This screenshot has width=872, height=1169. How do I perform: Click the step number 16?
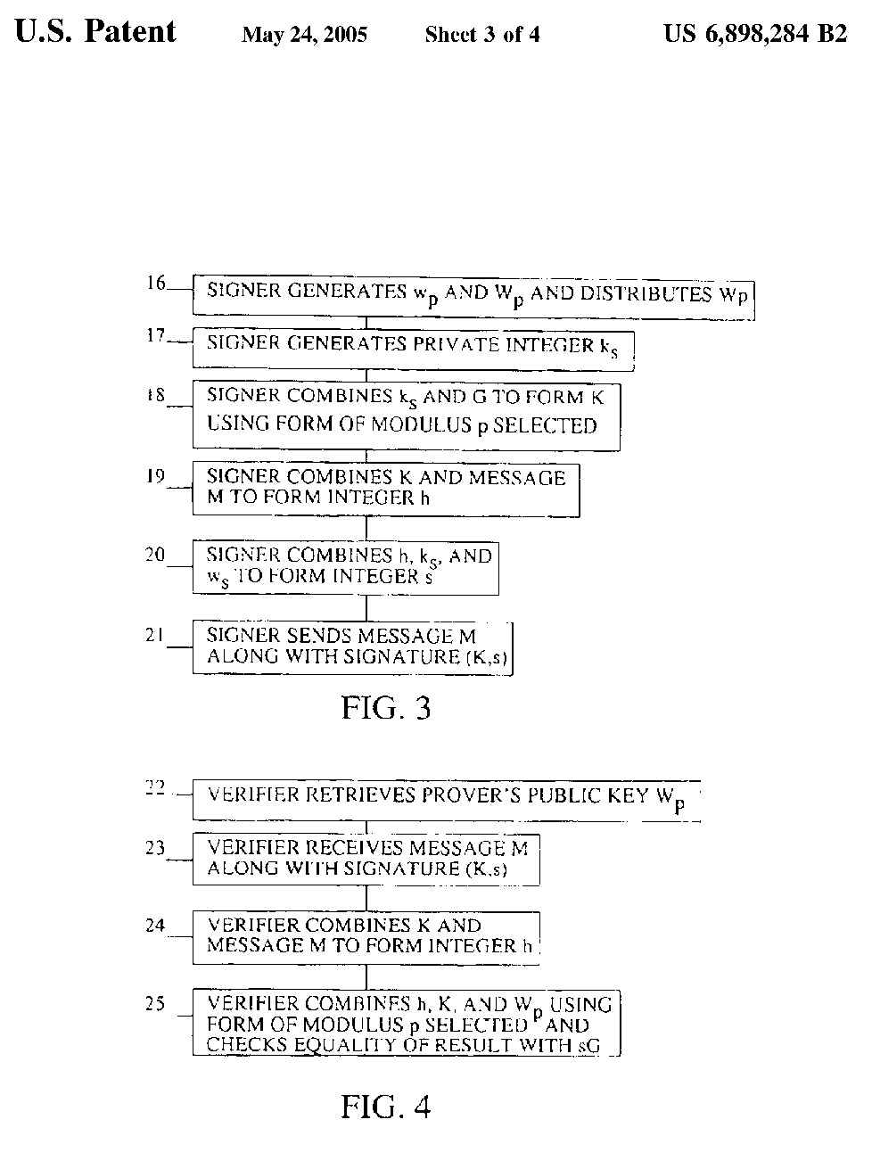pos(156,284)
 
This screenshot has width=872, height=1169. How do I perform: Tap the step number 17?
pos(156,336)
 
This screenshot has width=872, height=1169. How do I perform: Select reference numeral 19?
pos(156,477)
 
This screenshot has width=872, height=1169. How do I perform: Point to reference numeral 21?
pos(155,635)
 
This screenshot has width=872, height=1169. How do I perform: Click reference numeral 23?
pos(155,848)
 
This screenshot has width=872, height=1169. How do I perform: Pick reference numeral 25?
pos(155,1004)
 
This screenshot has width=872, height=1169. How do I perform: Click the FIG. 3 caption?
pos(386,708)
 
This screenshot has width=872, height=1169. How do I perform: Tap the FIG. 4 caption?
pos(386,1107)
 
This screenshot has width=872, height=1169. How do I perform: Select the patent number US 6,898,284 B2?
pos(754,35)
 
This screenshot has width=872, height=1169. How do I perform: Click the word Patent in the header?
pos(130,32)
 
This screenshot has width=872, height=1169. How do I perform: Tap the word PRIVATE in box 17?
pos(455,344)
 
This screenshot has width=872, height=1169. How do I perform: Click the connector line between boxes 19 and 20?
pos(366,529)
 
